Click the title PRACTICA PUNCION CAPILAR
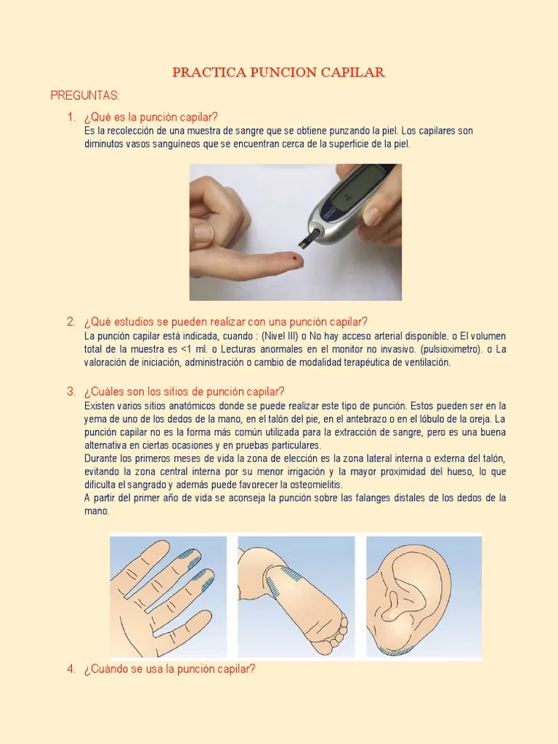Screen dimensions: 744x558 tap(278, 73)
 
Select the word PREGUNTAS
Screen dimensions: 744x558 tap(85, 96)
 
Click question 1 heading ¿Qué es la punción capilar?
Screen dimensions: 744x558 tap(151, 118)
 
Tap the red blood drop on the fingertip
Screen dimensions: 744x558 tap(293, 258)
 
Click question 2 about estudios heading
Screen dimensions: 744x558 tap(226, 322)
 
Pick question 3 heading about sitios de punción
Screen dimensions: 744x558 tap(184, 392)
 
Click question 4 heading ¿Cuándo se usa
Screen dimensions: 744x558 tap(169, 669)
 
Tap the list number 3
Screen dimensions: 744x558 tap(70, 392)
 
